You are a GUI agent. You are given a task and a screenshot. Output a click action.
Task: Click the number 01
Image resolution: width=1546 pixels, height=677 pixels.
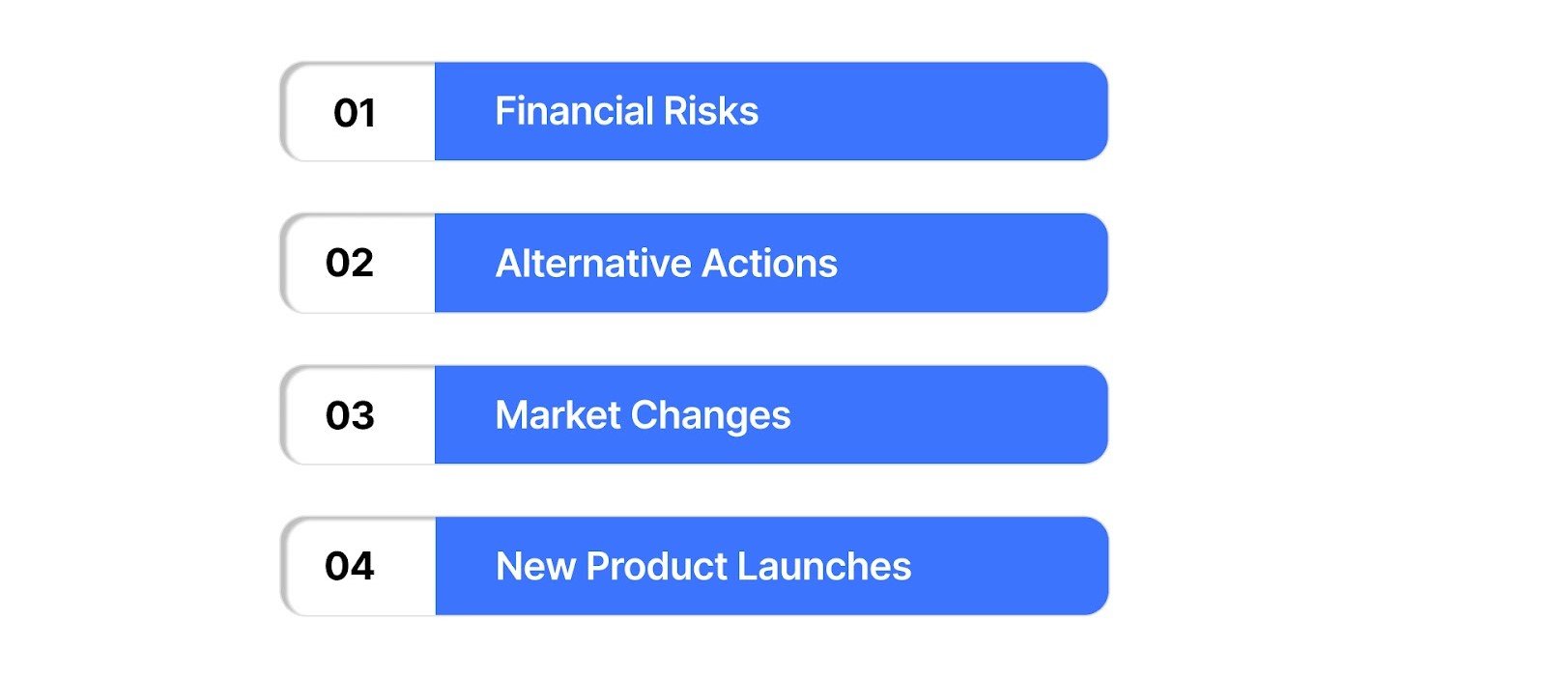(x=355, y=113)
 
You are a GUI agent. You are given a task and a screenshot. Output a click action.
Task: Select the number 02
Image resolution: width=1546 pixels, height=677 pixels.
(x=350, y=263)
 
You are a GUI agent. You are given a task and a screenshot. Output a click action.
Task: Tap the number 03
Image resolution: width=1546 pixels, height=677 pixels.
(x=350, y=415)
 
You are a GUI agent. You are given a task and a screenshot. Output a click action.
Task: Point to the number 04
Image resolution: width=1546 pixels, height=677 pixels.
(x=350, y=566)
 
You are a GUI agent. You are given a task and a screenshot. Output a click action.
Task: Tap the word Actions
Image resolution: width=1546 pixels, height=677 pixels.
(x=770, y=264)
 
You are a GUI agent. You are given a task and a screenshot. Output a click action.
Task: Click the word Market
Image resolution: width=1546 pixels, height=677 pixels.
(x=558, y=415)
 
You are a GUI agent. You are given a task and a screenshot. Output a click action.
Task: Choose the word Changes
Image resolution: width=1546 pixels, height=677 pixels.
(x=711, y=416)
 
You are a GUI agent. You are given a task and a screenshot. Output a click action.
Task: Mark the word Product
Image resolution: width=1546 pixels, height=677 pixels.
(x=656, y=567)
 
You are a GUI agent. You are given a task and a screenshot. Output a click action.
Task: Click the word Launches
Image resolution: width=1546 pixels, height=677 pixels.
(x=824, y=567)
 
